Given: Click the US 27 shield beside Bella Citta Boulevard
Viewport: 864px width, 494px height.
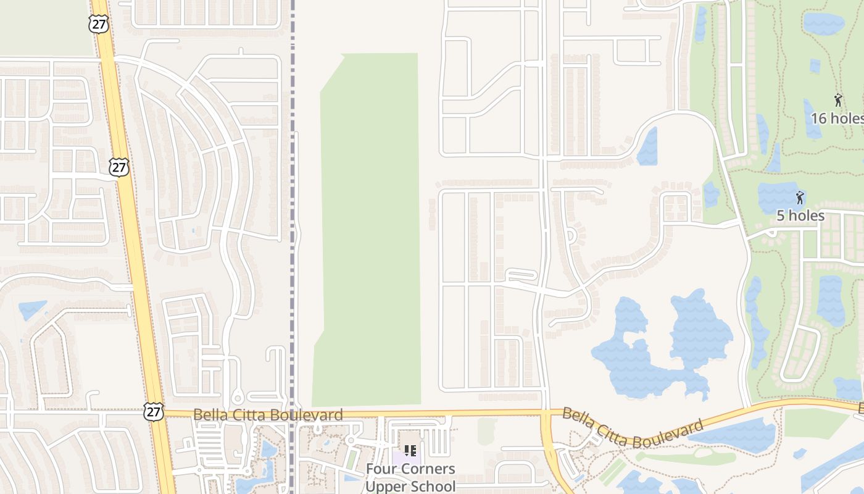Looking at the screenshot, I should pos(154,412).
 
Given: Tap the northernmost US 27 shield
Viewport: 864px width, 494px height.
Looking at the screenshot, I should pos(98,23).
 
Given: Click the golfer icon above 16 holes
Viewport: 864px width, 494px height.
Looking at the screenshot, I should pos(837,100).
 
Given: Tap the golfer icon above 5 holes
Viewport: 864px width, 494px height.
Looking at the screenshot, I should pos(800,198).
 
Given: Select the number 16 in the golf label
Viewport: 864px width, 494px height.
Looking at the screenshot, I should pos(819,118).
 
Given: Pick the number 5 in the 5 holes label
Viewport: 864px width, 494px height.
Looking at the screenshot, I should pos(781,216).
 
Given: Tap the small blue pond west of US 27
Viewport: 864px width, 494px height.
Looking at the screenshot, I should pos(32,309).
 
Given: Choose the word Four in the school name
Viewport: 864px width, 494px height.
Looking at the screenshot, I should pos(380,469).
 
